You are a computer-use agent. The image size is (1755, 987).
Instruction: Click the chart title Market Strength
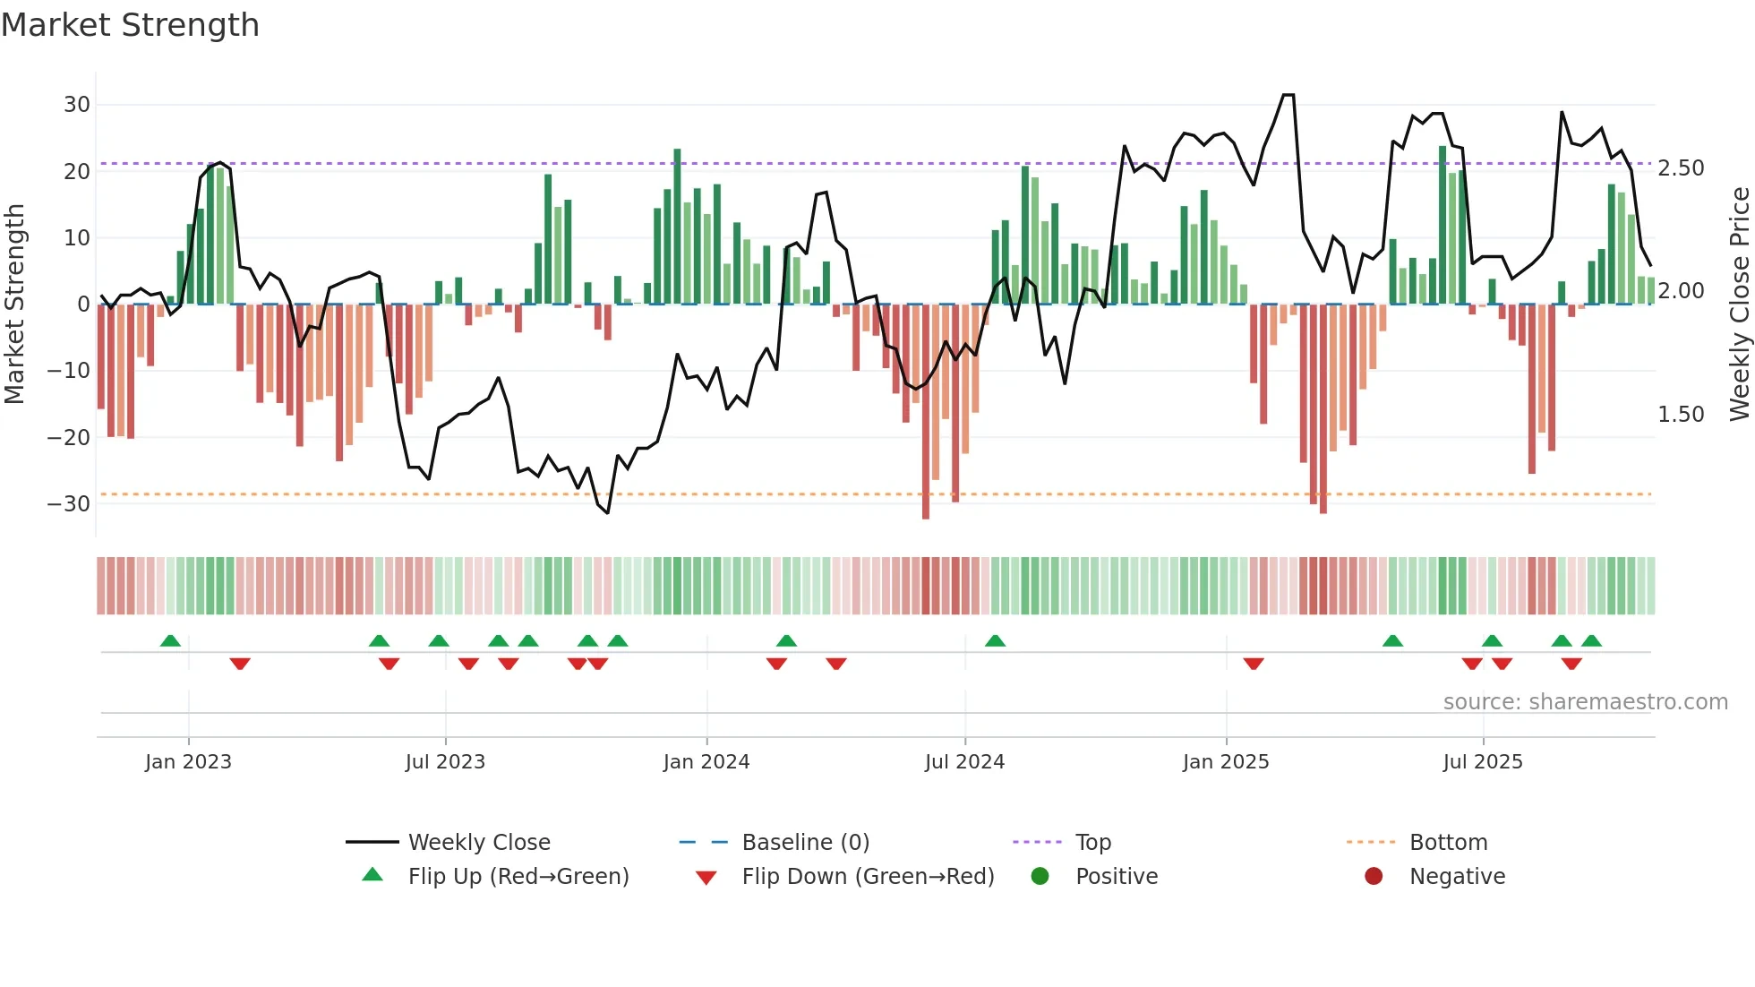(130, 25)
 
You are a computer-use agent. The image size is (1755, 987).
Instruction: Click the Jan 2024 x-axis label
(706, 762)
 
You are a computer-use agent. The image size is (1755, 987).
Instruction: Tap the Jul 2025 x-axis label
(1482, 762)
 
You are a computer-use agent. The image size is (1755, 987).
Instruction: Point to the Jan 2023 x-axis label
(188, 762)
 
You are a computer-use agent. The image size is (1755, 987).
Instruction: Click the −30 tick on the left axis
(69, 503)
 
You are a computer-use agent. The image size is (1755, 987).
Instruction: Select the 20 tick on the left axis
(76, 171)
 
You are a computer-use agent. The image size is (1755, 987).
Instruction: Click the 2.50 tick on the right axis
(1681, 168)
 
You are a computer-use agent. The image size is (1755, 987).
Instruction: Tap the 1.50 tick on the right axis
(1681, 415)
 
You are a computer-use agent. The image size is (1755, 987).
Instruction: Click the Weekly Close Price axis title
(1739, 305)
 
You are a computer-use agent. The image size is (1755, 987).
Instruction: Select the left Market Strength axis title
(14, 305)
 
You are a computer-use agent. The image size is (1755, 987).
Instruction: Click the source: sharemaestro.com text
(1585, 702)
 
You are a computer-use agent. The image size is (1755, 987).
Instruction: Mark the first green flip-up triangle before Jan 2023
(170, 640)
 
